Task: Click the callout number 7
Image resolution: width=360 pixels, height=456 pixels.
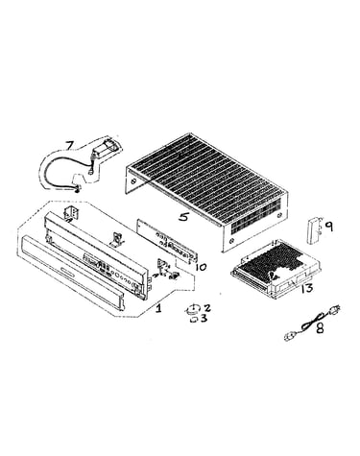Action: click(69, 145)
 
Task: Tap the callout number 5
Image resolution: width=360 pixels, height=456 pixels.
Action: click(183, 217)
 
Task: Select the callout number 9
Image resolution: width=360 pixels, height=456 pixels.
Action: click(328, 227)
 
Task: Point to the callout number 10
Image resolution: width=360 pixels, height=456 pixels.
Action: click(201, 267)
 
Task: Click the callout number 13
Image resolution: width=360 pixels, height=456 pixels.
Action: click(307, 288)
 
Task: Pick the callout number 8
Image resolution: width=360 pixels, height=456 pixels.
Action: click(319, 327)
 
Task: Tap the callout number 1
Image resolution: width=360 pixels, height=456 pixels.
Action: click(158, 308)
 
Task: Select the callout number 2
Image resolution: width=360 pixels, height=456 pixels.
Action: click(207, 308)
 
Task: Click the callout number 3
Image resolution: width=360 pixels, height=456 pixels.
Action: click(204, 319)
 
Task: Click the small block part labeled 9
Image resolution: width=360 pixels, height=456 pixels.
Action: click(314, 229)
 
